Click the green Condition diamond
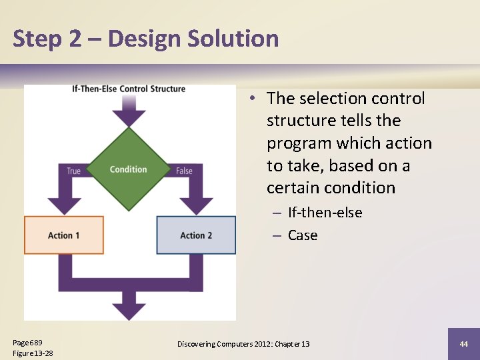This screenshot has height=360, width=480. tap(129, 169)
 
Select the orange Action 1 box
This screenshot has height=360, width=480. tap(64, 235)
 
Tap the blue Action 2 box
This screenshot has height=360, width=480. tap(196, 235)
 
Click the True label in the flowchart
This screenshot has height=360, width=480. tap(73, 171)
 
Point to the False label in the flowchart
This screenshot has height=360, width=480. tap(184, 171)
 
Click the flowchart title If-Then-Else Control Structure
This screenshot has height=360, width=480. tap(129, 89)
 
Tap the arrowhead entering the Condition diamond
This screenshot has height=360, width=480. tap(129, 118)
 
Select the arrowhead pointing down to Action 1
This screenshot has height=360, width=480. tap(64, 205)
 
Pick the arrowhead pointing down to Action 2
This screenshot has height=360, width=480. tap(196, 205)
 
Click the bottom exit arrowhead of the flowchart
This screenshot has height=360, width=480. tap(129, 310)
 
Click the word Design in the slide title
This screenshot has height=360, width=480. tap(145, 39)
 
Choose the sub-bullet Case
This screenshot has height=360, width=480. tap(303, 235)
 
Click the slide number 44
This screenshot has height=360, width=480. tap(464, 344)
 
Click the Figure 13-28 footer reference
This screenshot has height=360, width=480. tap(33, 353)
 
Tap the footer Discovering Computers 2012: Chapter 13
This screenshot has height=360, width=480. tap(243, 344)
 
